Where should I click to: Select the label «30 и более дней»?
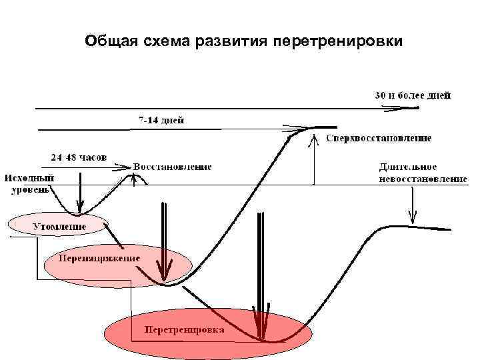point(411,95)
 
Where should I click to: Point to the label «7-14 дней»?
point(161,120)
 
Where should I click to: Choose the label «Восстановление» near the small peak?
point(173,166)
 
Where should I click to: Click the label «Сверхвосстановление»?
point(379,139)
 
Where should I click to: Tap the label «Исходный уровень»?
point(29,183)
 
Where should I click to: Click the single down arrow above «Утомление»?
point(80,193)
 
